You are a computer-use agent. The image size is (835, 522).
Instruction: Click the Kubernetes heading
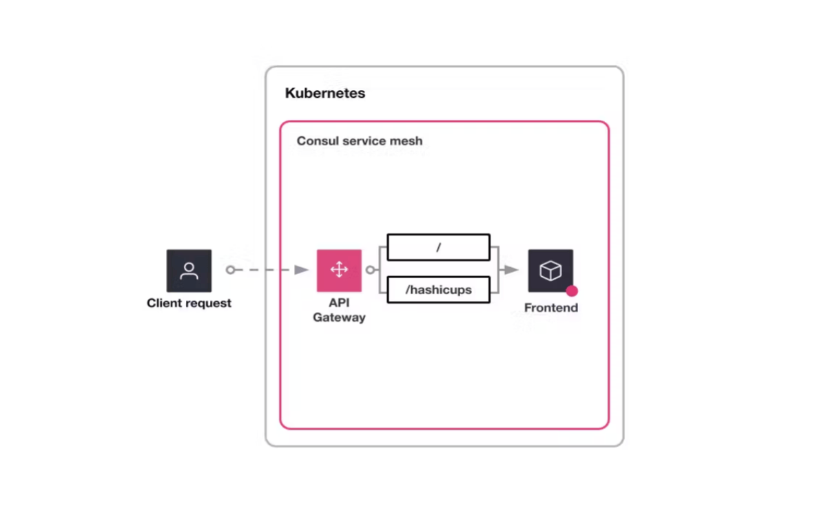(x=325, y=93)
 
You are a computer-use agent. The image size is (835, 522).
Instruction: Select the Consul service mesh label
(x=360, y=141)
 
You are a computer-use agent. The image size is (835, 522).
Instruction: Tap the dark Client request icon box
(x=189, y=271)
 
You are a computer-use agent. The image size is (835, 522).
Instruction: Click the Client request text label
(x=189, y=303)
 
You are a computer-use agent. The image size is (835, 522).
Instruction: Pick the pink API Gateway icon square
(x=339, y=271)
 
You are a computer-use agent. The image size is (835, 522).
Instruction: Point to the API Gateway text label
(x=339, y=310)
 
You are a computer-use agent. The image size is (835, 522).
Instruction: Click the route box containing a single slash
(x=438, y=247)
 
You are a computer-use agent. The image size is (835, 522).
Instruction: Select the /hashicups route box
(x=438, y=290)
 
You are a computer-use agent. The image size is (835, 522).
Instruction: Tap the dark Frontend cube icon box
(x=550, y=271)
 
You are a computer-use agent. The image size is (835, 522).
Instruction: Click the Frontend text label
(x=550, y=308)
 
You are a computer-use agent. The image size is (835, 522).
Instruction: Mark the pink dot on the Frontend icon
(x=572, y=291)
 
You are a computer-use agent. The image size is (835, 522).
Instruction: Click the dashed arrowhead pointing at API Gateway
(x=301, y=270)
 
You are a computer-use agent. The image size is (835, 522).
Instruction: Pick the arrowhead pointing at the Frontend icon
(x=511, y=270)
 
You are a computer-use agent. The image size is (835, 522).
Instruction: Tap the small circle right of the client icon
(x=231, y=270)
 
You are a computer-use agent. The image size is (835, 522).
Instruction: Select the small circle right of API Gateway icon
(x=371, y=270)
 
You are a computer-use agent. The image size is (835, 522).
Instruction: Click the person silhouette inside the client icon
(x=189, y=271)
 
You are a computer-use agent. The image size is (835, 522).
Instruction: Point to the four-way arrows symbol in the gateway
(x=339, y=270)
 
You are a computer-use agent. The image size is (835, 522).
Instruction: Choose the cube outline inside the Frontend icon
(x=550, y=271)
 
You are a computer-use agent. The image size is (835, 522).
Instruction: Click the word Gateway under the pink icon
(x=339, y=317)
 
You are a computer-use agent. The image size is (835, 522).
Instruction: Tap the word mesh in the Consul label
(x=407, y=141)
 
